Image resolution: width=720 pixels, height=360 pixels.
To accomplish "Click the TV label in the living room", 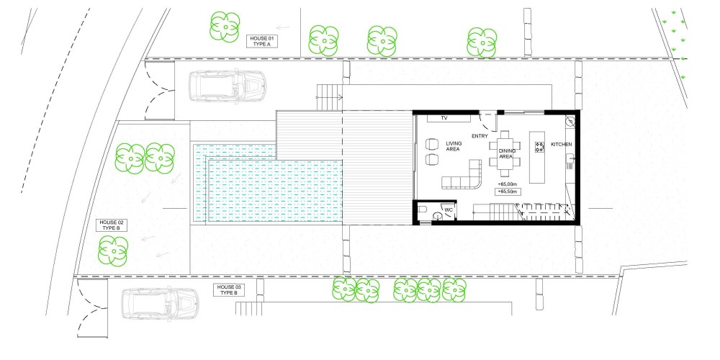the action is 444,118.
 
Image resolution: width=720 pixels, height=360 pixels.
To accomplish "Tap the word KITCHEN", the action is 562,145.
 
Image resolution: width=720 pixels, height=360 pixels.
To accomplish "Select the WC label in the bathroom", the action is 449,210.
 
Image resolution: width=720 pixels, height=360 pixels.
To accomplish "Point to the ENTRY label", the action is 480,136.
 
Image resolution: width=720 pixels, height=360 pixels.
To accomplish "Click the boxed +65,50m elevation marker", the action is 508,192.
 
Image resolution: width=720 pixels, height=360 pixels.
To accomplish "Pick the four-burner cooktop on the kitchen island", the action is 539,147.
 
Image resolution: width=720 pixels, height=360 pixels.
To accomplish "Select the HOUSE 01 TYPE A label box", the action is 263,41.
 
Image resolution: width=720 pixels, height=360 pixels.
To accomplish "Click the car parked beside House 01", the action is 228,85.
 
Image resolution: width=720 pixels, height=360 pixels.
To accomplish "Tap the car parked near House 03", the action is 161,304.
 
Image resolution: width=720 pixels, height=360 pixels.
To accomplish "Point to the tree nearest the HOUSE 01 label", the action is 225,27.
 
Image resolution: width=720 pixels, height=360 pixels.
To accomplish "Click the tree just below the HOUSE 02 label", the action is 113,251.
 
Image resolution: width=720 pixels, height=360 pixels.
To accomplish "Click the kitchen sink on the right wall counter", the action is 571,159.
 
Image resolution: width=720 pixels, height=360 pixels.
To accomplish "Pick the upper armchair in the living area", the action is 432,144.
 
